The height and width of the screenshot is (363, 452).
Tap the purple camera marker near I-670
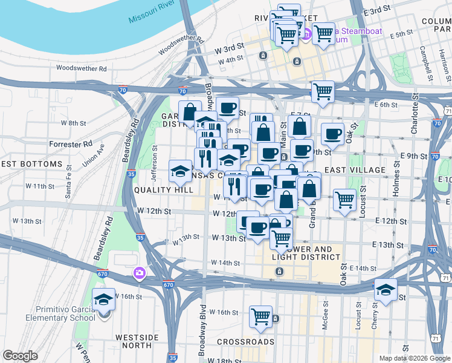pyautogui.click(x=140, y=273)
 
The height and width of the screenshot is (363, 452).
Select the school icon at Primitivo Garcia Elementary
pyautogui.click(x=103, y=299)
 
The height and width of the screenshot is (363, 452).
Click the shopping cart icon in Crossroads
pyautogui.click(x=260, y=316)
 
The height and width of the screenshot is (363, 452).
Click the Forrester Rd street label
pyautogui.click(x=71, y=145)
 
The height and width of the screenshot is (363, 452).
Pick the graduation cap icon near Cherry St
pyautogui.click(x=386, y=289)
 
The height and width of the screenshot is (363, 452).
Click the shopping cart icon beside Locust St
pyautogui.click(x=344, y=199)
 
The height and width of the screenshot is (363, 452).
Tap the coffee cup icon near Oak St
pyautogui.click(x=332, y=134)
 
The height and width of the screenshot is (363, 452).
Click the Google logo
pyautogui.click(x=21, y=356)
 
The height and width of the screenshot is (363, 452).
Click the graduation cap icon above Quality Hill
pyautogui.click(x=180, y=171)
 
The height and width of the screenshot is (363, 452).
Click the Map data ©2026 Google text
pyautogui.click(x=414, y=358)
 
